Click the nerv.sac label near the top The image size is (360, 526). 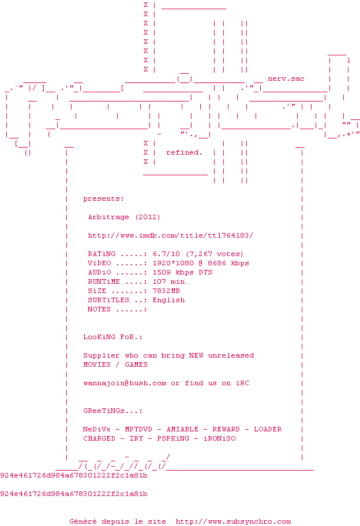click(x=286, y=78)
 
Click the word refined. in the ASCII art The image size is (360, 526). click(x=184, y=152)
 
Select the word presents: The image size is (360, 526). click(x=103, y=198)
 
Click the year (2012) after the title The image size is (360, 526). click(x=148, y=217)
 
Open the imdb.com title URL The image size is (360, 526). click(x=170, y=235)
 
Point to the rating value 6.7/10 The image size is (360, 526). click(x=166, y=254)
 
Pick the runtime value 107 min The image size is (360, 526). click(x=168, y=281)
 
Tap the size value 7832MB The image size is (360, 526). click(x=166, y=291)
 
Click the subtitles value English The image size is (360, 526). click(x=168, y=300)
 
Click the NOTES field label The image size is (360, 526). click(x=99, y=309)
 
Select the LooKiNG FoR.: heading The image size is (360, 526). click(x=112, y=337)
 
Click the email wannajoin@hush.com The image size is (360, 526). click(x=125, y=383)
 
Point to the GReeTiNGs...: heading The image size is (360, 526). click(x=112, y=411)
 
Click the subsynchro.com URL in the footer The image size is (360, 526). click(x=233, y=521)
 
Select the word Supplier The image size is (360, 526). click(x=102, y=355)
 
